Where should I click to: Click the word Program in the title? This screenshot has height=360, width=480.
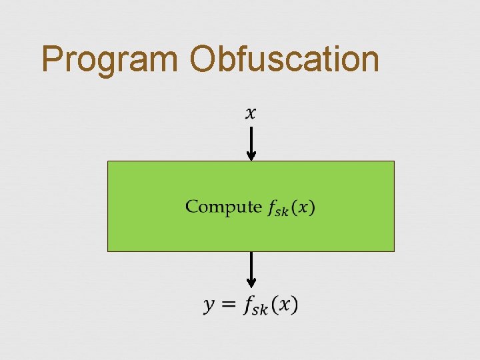111,60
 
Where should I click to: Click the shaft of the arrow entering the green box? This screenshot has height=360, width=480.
251,139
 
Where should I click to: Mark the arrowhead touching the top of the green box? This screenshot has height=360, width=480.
251,156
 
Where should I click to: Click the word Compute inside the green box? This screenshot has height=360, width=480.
223,207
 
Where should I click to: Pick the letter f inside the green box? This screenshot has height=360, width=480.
273,207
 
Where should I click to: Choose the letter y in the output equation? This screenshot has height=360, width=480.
209,306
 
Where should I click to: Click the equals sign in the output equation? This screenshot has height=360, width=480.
228,305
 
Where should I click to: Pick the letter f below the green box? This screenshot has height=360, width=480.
249,305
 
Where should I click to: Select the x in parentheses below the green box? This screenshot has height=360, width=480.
283,305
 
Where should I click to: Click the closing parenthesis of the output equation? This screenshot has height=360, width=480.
295,305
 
